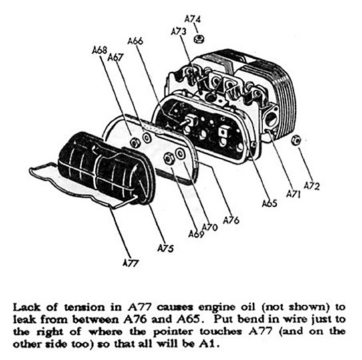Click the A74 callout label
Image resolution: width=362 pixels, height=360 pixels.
pos(192,19)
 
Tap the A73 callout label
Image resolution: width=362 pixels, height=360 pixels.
pos(178,32)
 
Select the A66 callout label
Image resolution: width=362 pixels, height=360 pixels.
pos(135,41)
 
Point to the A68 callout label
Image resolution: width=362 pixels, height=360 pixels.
pos(100,50)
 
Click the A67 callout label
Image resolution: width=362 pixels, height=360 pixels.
pos(116,57)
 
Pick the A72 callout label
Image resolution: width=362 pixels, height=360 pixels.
pos(311,186)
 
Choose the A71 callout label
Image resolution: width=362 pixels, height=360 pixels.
pos(293,194)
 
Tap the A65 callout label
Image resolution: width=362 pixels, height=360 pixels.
pos(270,204)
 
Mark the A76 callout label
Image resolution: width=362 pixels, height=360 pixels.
pos(231,220)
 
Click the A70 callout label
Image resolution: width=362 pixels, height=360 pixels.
pos(210,228)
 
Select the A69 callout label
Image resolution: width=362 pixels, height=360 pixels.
pos(196,234)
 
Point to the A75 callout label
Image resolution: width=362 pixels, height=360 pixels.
pos(166,248)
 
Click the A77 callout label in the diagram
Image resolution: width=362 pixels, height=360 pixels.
pos(131,263)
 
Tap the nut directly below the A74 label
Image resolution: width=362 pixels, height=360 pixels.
pos(198,39)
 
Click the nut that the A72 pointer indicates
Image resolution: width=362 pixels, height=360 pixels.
pos(296,140)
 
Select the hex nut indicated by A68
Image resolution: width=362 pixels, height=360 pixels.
pos(134,142)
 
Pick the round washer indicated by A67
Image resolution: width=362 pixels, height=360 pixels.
pos(146,138)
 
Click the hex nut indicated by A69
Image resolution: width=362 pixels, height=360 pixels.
pos(168,158)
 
